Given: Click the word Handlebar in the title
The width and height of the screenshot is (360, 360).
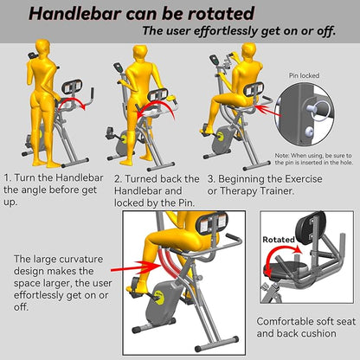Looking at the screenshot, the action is pos(75,13).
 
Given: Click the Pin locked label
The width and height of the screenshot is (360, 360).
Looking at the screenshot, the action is pos(304,75).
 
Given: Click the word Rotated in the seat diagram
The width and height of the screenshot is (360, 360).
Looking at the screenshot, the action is pos(279,240).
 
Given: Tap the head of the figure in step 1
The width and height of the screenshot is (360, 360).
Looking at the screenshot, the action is pos(43,47).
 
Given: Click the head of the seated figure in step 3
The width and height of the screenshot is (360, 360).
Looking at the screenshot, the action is pos(248,51).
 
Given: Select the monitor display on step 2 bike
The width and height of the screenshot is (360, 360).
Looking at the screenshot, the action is pos(118,67).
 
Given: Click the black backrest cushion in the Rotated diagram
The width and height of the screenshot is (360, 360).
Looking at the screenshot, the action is pos(311,228).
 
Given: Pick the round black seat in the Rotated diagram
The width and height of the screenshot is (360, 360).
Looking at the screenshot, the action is pos(286,269).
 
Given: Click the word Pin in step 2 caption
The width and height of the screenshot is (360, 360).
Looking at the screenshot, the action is pos(185,202).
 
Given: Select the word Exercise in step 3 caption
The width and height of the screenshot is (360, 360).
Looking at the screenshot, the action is pos(303,179).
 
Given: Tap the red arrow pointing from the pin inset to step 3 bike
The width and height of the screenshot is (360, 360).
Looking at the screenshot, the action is pos(268,111).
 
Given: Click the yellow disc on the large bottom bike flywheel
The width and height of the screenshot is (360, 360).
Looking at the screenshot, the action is pos(160,298).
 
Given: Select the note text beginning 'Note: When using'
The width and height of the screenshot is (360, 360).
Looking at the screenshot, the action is pos(314,159).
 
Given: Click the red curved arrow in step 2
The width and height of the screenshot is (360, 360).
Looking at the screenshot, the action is pos(156,106).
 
